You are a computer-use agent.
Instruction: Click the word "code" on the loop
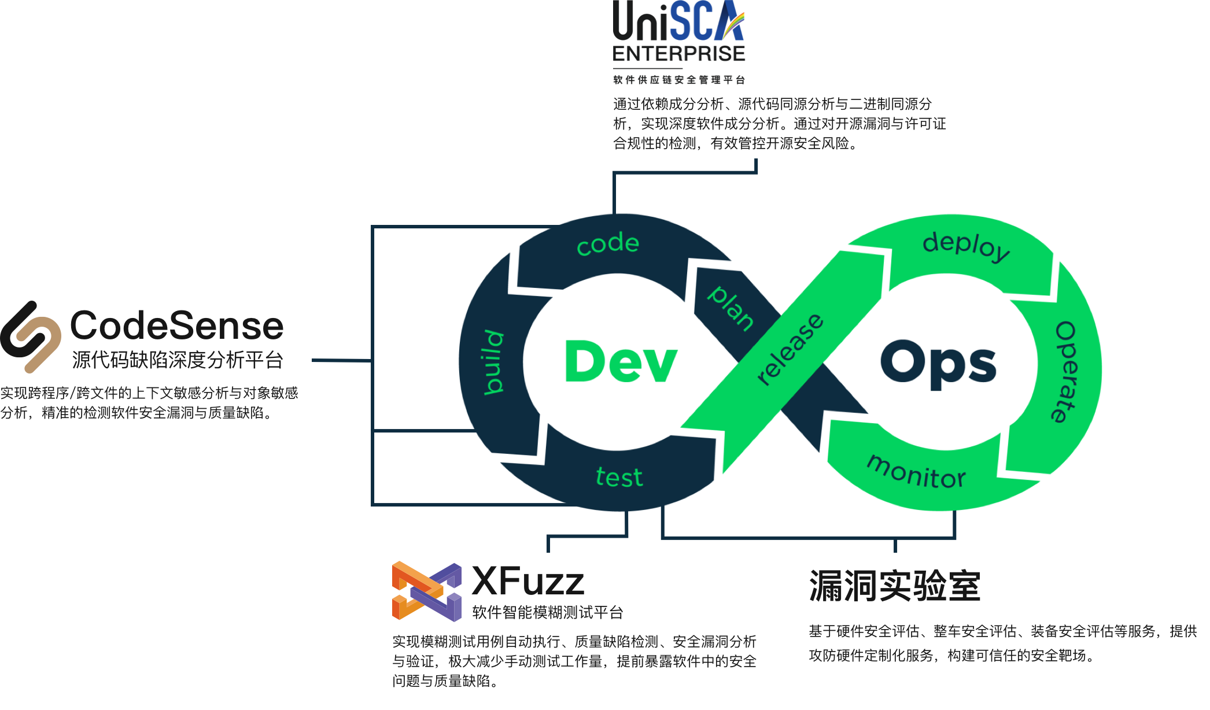[x=608, y=244]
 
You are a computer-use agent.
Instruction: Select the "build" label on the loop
[x=493, y=363]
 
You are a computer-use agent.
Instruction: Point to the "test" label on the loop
[x=619, y=478]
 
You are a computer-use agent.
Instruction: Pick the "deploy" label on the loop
[x=966, y=246]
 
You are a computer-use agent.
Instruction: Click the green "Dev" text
[x=621, y=362]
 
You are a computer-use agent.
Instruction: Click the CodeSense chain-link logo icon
[x=31, y=336]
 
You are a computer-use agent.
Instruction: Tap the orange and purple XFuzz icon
[x=426, y=591]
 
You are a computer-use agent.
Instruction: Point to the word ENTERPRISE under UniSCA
[x=679, y=54]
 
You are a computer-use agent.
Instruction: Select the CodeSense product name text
[x=177, y=325]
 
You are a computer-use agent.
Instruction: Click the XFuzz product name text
[x=528, y=581]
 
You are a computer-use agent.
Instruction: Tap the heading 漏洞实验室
[x=894, y=586]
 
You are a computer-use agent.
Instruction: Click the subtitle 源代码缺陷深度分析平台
[x=178, y=360]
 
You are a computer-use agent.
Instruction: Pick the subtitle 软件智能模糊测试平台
[x=547, y=612]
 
